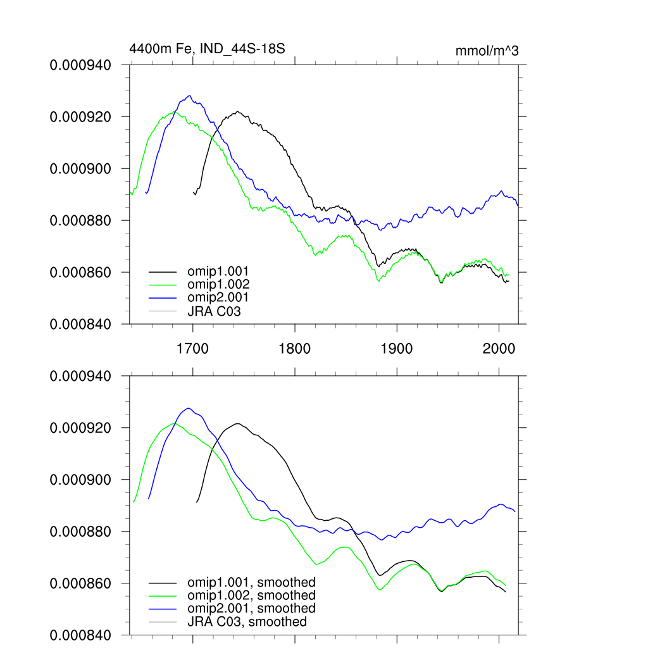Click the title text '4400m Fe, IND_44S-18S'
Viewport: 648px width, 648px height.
pyautogui.click(x=202, y=48)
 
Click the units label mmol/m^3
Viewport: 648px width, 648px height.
pyautogui.click(x=487, y=51)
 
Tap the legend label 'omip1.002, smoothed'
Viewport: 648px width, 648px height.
pyautogui.click(x=251, y=595)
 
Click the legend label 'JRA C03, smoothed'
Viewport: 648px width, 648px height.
pyautogui.click(x=247, y=622)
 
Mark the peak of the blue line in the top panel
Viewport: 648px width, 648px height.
pyautogui.click(x=189, y=96)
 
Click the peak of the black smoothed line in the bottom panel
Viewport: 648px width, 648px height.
pyautogui.click(x=237, y=424)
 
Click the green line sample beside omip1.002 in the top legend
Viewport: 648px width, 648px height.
pyautogui.click(x=161, y=285)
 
